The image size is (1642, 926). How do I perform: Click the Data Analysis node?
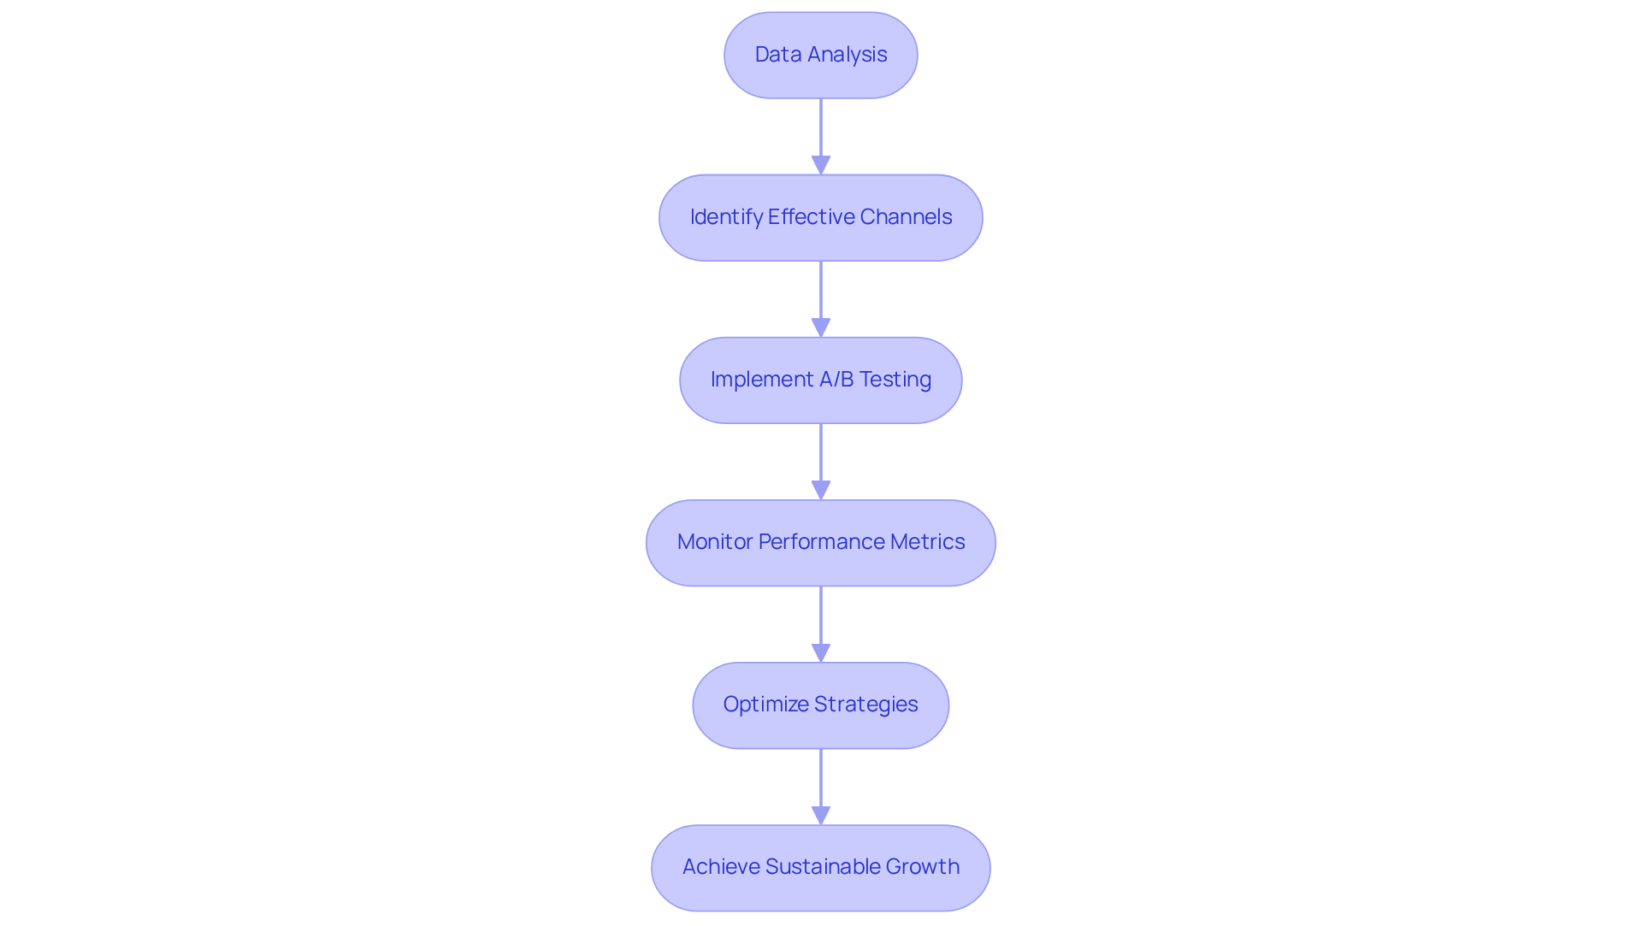coord(820,55)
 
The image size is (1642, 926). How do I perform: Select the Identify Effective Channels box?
coord(820,217)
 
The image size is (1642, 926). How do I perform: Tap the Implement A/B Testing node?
coord(820,380)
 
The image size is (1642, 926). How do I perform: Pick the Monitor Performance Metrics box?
coord(820,542)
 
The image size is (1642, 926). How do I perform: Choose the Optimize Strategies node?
coord(820,705)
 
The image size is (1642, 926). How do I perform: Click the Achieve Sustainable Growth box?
coord(820,867)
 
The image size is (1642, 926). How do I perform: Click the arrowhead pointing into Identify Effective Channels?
coord(821,165)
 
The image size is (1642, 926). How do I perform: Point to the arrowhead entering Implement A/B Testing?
coord(821,327)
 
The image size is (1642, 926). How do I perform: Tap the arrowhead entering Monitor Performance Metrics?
coord(821,490)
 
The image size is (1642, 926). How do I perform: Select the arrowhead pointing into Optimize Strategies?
coord(821,652)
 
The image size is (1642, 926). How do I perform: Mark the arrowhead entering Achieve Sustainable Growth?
coord(821,815)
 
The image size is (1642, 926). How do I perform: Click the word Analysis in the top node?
coord(847,55)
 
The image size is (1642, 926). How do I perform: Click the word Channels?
coord(906,217)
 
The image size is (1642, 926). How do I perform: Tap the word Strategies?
coord(865,705)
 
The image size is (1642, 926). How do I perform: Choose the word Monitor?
coord(714,542)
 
